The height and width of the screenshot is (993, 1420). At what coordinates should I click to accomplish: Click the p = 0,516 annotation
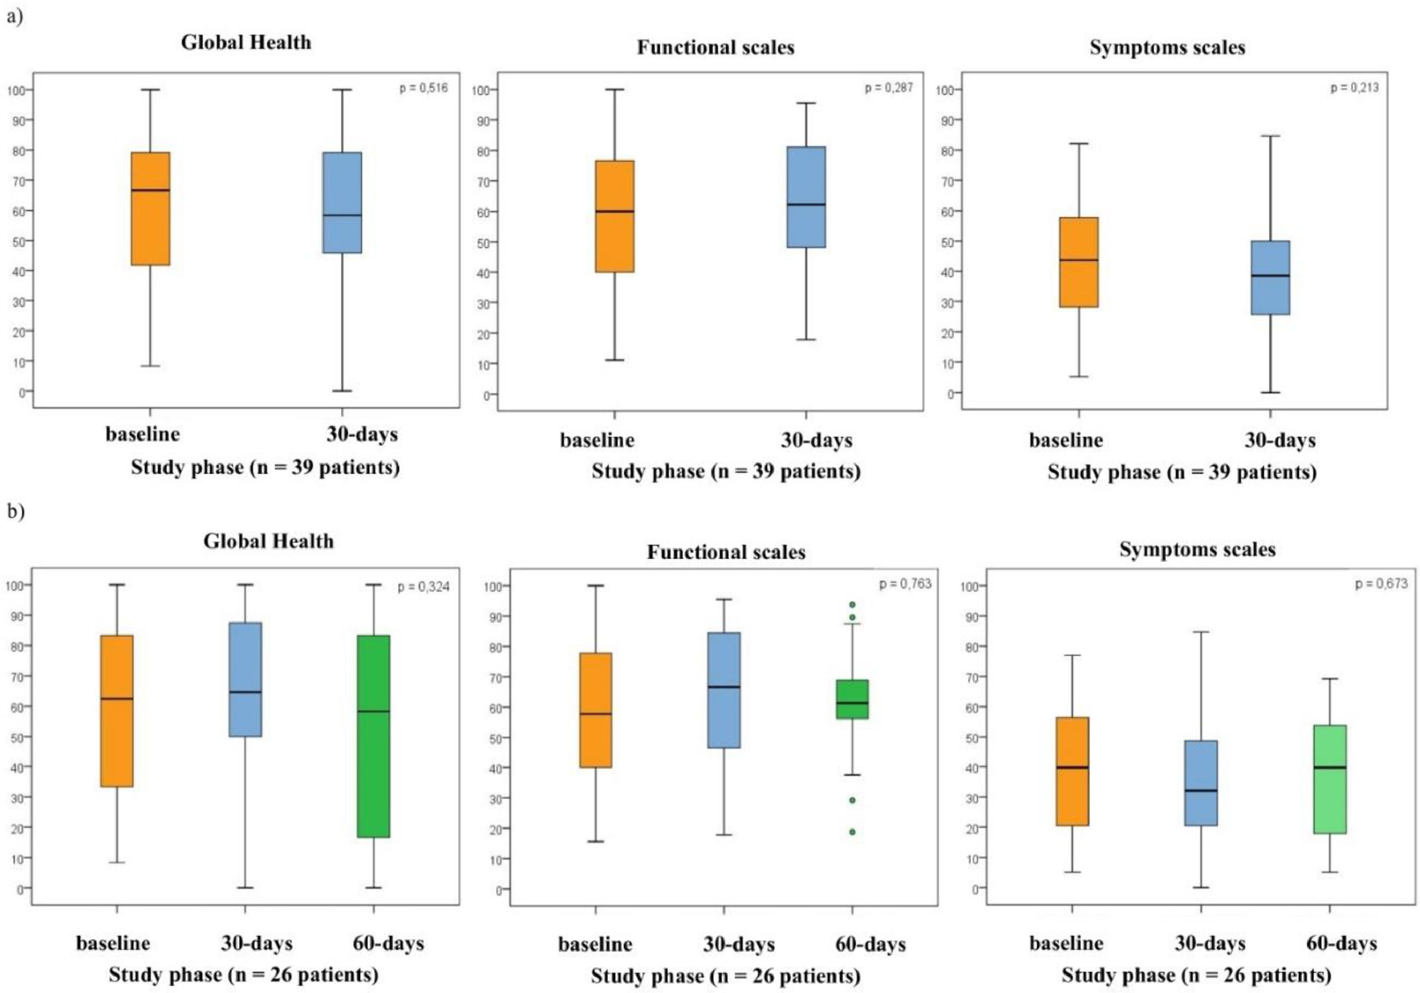click(423, 88)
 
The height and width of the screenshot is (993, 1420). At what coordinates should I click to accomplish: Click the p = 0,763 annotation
click(905, 584)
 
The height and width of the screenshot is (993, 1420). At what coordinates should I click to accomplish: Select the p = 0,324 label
click(424, 586)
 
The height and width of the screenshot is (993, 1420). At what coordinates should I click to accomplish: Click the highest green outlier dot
click(852, 604)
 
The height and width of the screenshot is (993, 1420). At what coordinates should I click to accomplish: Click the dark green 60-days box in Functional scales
click(852, 699)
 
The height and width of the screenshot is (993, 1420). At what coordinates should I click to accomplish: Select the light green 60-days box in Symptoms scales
click(1330, 780)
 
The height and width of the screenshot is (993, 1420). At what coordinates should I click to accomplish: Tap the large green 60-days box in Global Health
click(373, 736)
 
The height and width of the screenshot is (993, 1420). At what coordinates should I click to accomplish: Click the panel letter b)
click(15, 513)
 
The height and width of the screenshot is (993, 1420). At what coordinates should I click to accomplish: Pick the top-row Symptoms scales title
click(1167, 48)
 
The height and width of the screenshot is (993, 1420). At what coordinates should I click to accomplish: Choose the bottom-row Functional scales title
click(726, 551)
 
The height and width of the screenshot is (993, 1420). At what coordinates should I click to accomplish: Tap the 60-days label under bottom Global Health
click(388, 943)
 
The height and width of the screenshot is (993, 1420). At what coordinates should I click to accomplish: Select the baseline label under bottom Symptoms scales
click(1066, 943)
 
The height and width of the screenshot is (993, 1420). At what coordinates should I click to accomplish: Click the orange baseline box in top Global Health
click(151, 208)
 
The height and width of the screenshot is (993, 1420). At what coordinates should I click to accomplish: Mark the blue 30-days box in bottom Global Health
click(245, 679)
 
